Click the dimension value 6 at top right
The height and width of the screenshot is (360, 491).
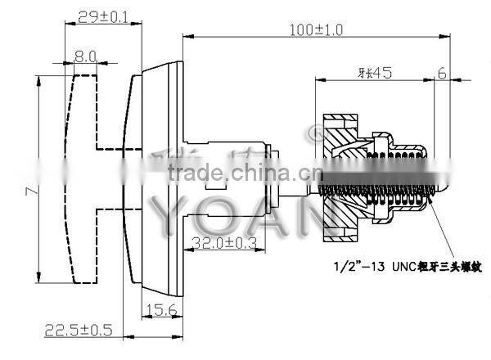coord(441,73)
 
